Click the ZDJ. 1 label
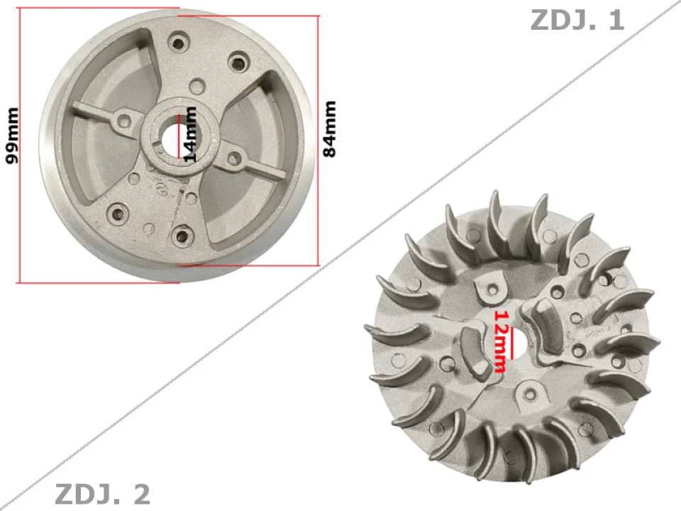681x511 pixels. coord(577,20)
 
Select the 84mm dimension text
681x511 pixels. coord(329,128)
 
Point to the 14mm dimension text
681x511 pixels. coord(189,135)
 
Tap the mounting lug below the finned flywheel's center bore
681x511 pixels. coord(530,390)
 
